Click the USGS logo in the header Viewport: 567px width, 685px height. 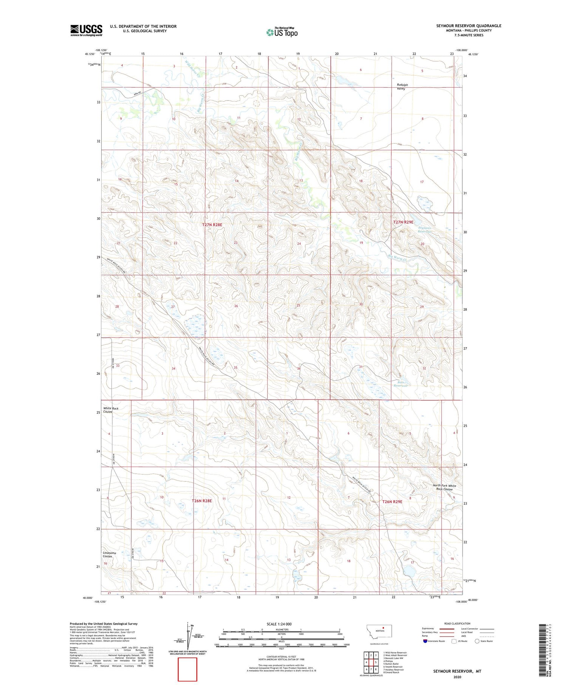coord(86,30)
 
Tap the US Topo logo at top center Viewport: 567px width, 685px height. coord(282,32)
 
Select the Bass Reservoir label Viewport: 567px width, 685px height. coord(401,384)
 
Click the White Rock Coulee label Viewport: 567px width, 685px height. coord(111,410)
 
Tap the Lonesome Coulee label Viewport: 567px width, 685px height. coord(110,555)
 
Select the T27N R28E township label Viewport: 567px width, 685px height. coord(212,225)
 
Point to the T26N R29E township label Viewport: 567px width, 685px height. coord(392,502)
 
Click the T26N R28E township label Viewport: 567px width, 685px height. coord(202,501)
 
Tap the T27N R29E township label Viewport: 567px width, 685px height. coord(403,223)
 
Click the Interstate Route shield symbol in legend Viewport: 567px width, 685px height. coord(425,641)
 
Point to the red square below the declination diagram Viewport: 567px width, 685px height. coord(187,669)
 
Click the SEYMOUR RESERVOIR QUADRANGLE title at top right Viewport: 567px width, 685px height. coord(469,26)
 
